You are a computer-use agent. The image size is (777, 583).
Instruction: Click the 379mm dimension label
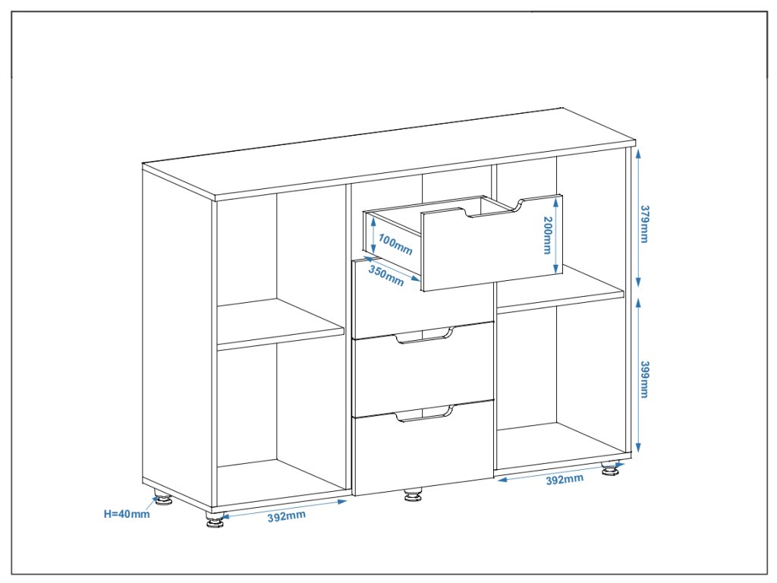tap(644, 223)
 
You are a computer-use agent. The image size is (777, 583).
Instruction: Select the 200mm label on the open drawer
tap(546, 235)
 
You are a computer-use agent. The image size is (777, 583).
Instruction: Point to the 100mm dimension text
tap(395, 244)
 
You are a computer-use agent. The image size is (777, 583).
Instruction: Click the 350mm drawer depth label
tap(386, 275)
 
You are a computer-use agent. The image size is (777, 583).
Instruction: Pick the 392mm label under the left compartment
tap(286, 516)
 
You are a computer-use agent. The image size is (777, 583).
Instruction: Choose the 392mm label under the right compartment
tap(565, 478)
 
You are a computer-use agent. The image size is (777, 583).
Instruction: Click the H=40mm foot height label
tap(127, 513)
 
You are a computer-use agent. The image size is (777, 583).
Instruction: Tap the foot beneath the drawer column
tap(413, 496)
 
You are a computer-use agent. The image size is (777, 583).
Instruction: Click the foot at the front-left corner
tap(215, 522)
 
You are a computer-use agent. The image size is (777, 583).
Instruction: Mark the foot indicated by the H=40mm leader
tap(163, 499)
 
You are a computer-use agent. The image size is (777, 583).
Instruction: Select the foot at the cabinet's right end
tap(609, 471)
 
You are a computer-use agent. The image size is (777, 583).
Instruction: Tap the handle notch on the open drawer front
tap(495, 209)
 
